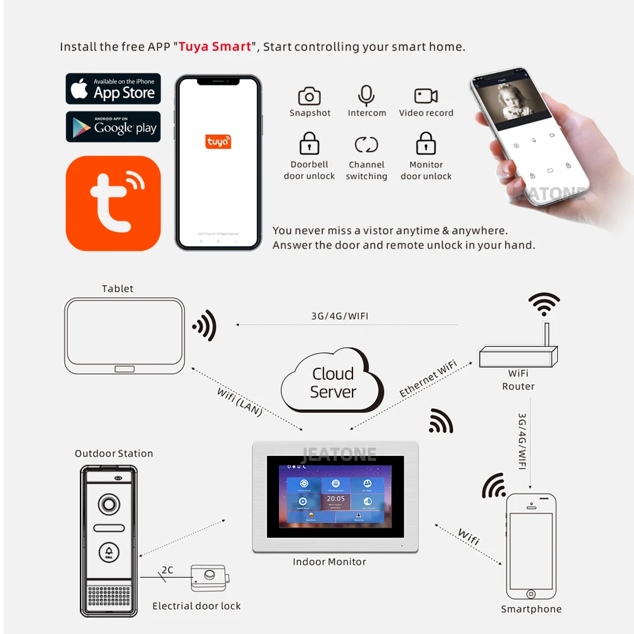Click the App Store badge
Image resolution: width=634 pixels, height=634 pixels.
click(x=113, y=89)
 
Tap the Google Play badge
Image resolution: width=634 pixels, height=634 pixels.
click(x=113, y=127)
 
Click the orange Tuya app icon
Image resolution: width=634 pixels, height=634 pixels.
click(x=113, y=203)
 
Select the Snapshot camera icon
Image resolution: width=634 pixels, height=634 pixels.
click(x=309, y=96)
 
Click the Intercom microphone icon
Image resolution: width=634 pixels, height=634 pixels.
click(x=366, y=96)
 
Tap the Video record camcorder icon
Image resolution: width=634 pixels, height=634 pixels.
click(x=426, y=96)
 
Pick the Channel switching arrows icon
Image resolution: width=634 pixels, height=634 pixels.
click(x=366, y=145)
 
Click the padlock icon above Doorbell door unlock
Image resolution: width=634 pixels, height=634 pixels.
click(x=309, y=144)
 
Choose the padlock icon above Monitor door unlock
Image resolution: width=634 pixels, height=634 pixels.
click(x=426, y=144)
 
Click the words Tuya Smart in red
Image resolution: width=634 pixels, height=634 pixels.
click(x=215, y=47)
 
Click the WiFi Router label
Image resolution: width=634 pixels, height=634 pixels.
click(x=518, y=380)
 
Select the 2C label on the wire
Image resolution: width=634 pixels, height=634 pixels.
click(x=167, y=570)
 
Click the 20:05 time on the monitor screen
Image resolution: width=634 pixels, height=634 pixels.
click(x=335, y=499)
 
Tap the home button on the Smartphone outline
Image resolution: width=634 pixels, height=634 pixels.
click(x=531, y=594)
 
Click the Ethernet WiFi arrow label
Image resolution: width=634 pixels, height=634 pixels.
click(x=428, y=379)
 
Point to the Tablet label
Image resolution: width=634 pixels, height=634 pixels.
click(x=118, y=288)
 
